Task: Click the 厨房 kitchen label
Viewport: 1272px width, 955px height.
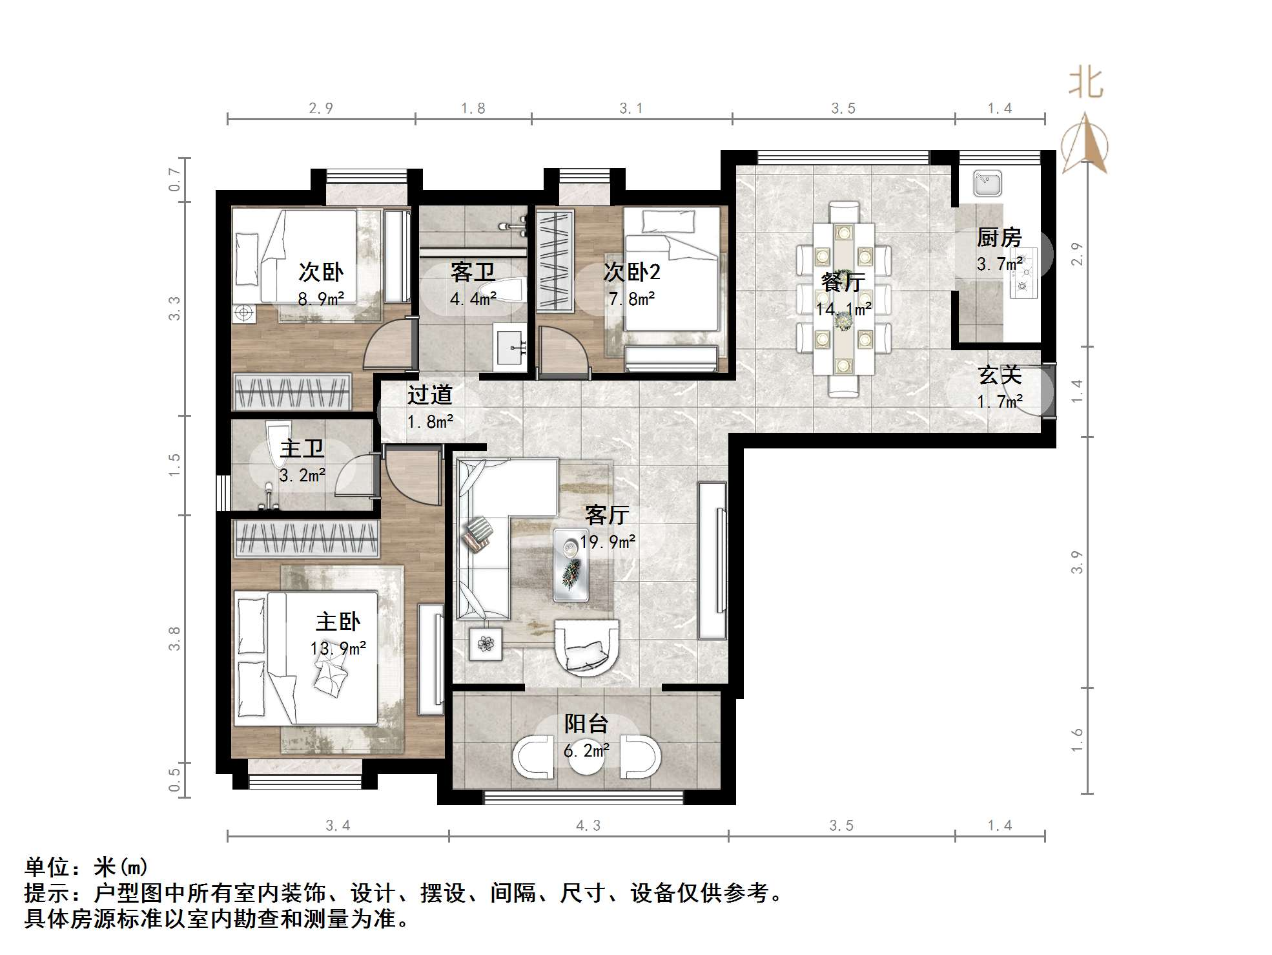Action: tap(999, 238)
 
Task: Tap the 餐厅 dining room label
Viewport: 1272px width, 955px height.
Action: tap(843, 282)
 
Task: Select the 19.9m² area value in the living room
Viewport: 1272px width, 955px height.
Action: tap(607, 541)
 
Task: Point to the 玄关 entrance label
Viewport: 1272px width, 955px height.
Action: tap(1000, 375)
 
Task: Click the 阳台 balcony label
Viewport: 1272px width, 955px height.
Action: tap(586, 724)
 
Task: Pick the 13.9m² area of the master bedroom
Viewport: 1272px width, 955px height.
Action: tap(338, 648)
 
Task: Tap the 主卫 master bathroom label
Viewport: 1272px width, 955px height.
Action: tap(302, 448)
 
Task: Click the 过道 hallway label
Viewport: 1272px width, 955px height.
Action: tap(429, 395)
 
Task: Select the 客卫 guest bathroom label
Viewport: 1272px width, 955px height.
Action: tap(473, 273)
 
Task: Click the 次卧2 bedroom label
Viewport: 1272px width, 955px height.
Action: tap(632, 273)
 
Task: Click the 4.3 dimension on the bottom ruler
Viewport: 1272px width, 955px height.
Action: tap(588, 825)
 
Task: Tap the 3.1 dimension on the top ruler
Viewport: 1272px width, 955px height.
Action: tap(631, 109)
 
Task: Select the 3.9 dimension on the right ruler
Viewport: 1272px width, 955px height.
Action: tap(1076, 561)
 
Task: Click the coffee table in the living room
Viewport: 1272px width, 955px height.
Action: tap(571, 565)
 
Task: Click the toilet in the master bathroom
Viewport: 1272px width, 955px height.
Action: tap(278, 445)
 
